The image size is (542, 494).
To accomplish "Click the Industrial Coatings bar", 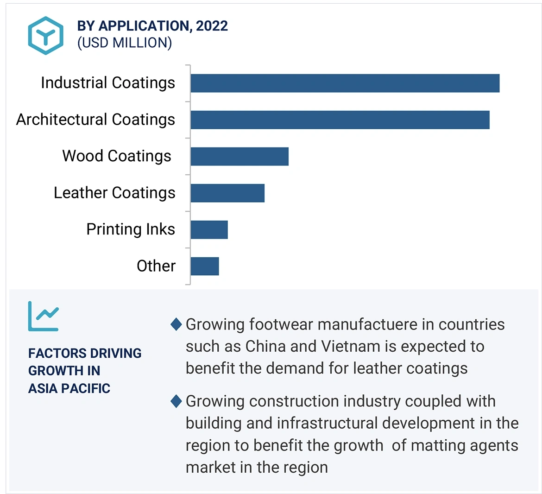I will [345, 83].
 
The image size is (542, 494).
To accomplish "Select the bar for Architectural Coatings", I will [340, 120].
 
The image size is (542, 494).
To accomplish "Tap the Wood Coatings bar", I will [239, 157].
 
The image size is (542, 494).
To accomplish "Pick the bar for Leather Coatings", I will [227, 193].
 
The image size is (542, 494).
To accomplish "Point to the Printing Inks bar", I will [209, 230].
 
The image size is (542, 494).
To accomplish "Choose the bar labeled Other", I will [204, 266].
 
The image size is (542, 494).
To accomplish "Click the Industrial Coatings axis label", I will [108, 83].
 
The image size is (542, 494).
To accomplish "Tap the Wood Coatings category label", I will [117, 156].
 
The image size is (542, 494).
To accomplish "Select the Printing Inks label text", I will [131, 229].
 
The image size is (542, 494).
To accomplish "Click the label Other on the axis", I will [156, 266].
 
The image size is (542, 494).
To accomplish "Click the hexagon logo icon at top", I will [45, 35].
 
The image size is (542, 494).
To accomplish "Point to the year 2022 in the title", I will [212, 26].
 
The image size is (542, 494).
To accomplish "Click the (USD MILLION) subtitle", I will [125, 43].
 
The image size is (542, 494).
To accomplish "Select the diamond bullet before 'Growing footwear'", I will [176, 324].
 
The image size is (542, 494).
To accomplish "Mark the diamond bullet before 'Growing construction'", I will [176, 401].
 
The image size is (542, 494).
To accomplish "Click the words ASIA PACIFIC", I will [69, 388].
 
